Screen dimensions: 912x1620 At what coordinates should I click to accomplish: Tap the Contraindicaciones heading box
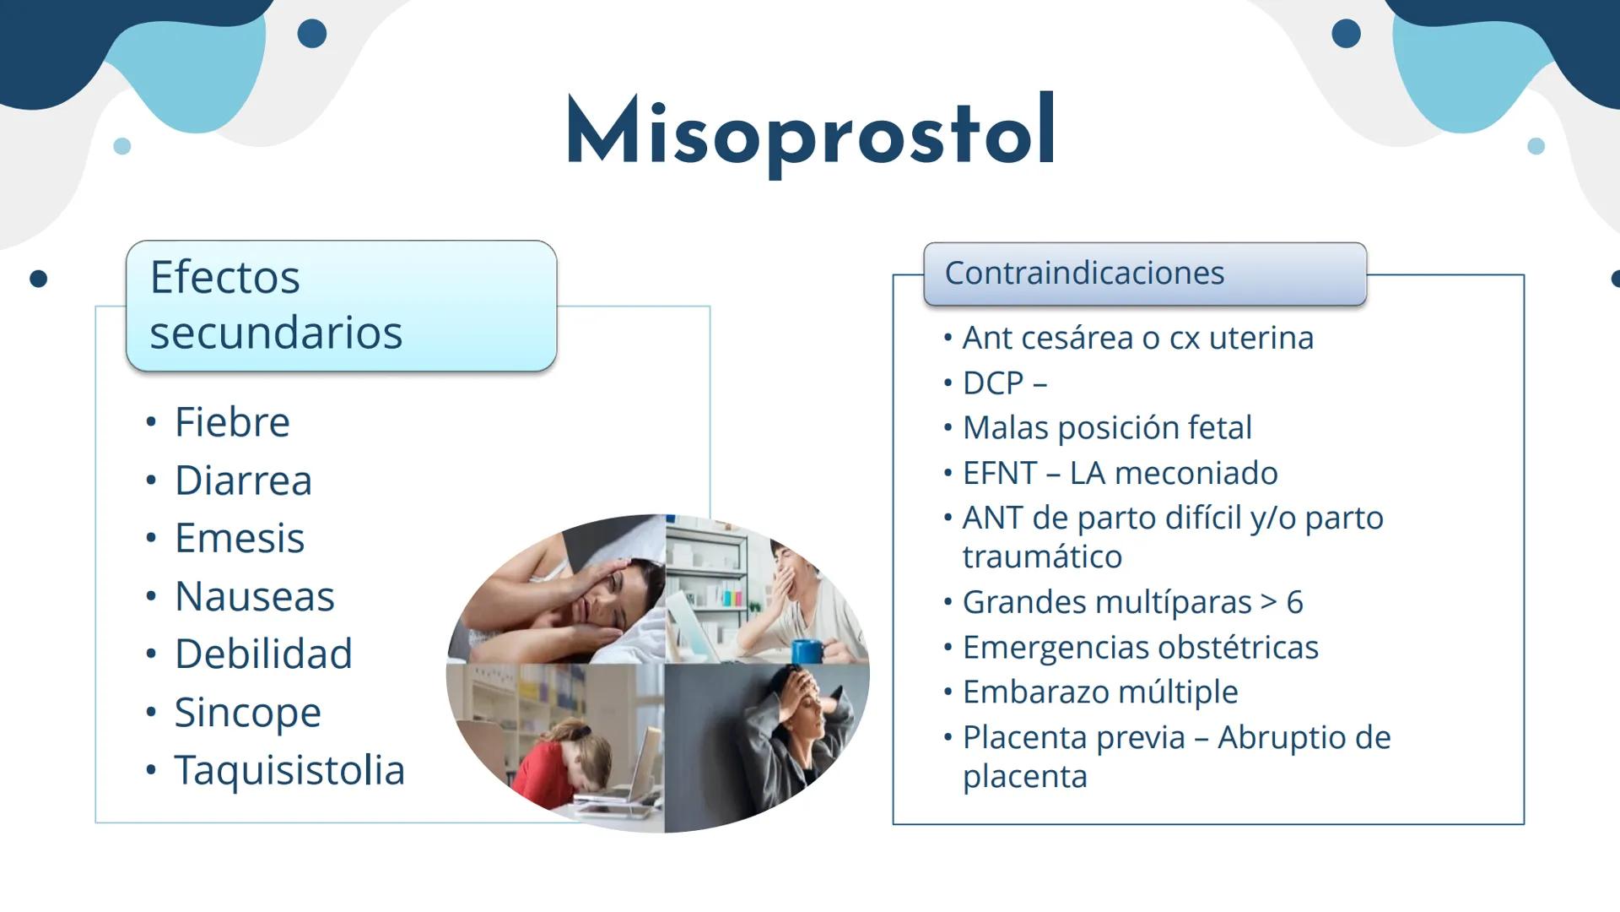click(1144, 274)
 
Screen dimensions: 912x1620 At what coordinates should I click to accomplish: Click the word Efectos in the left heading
click(224, 277)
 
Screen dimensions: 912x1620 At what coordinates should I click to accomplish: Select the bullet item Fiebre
click(232, 422)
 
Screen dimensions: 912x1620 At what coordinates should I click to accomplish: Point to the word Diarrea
click(243, 480)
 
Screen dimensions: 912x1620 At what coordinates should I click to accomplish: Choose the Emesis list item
click(239, 538)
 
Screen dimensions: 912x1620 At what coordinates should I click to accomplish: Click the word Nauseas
click(254, 596)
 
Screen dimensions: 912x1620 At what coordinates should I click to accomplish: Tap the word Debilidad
click(263, 654)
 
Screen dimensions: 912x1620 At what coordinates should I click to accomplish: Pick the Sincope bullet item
click(247, 712)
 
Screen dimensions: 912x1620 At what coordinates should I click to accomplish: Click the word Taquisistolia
click(289, 770)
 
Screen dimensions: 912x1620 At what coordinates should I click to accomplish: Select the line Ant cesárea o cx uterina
click(1137, 338)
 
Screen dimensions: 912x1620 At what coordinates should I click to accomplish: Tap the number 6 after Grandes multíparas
click(1294, 602)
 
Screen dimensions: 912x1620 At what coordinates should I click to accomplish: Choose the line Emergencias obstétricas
click(1140, 648)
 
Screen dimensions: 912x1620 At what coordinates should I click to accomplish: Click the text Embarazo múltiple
click(1100, 692)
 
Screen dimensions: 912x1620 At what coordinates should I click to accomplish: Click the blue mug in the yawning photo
click(807, 651)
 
